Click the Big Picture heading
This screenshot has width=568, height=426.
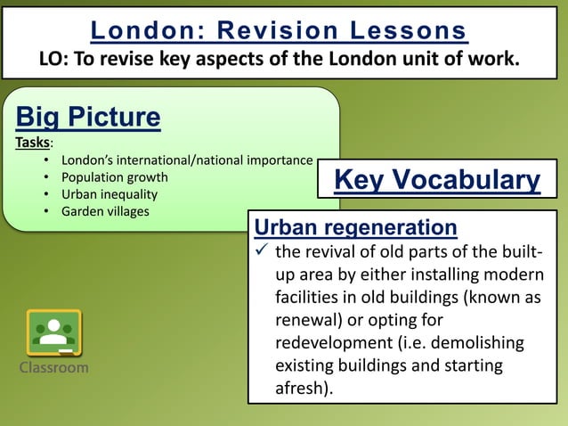pyautogui.click(x=88, y=117)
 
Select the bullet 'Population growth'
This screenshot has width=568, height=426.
pyautogui.click(x=114, y=177)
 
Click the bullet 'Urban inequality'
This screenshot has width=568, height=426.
pyautogui.click(x=109, y=194)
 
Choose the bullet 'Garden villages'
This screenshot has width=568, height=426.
pyautogui.click(x=105, y=211)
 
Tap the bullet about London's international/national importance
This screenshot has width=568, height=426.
pyautogui.click(x=186, y=160)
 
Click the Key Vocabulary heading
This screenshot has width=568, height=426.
pyautogui.click(x=436, y=181)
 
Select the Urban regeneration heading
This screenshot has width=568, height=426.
pyautogui.click(x=356, y=227)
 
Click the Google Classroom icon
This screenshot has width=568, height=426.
pyautogui.click(x=53, y=332)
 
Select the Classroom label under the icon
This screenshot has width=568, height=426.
pyautogui.click(x=53, y=367)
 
